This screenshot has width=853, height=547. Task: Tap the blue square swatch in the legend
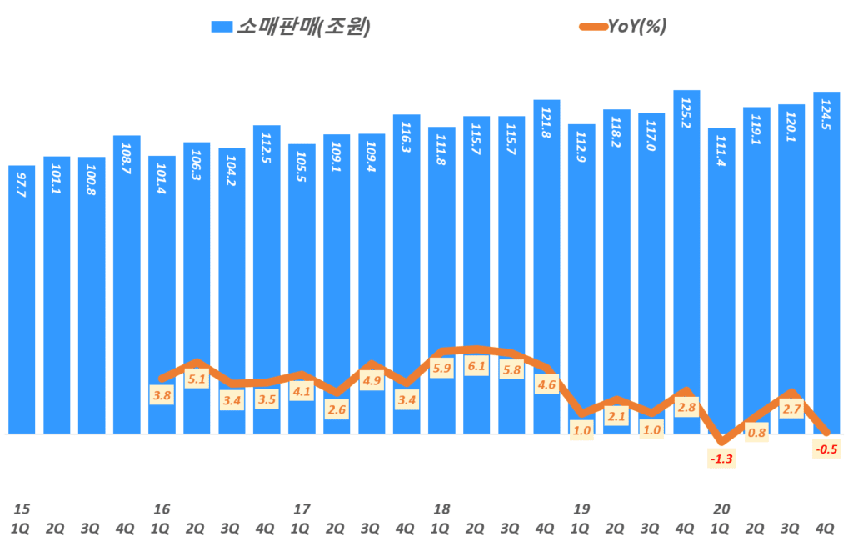[222, 27]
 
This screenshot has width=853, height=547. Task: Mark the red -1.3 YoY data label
[721, 458]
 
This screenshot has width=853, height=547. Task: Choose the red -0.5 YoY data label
[826, 449]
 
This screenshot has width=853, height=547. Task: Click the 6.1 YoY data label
[476, 366]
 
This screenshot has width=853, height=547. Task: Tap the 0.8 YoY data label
[756, 432]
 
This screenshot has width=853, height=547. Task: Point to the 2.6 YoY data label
[337, 409]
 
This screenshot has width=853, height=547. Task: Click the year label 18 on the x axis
[441, 509]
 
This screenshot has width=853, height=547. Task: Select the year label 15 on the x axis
[22, 509]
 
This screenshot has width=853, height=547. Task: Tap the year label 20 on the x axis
[721, 509]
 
